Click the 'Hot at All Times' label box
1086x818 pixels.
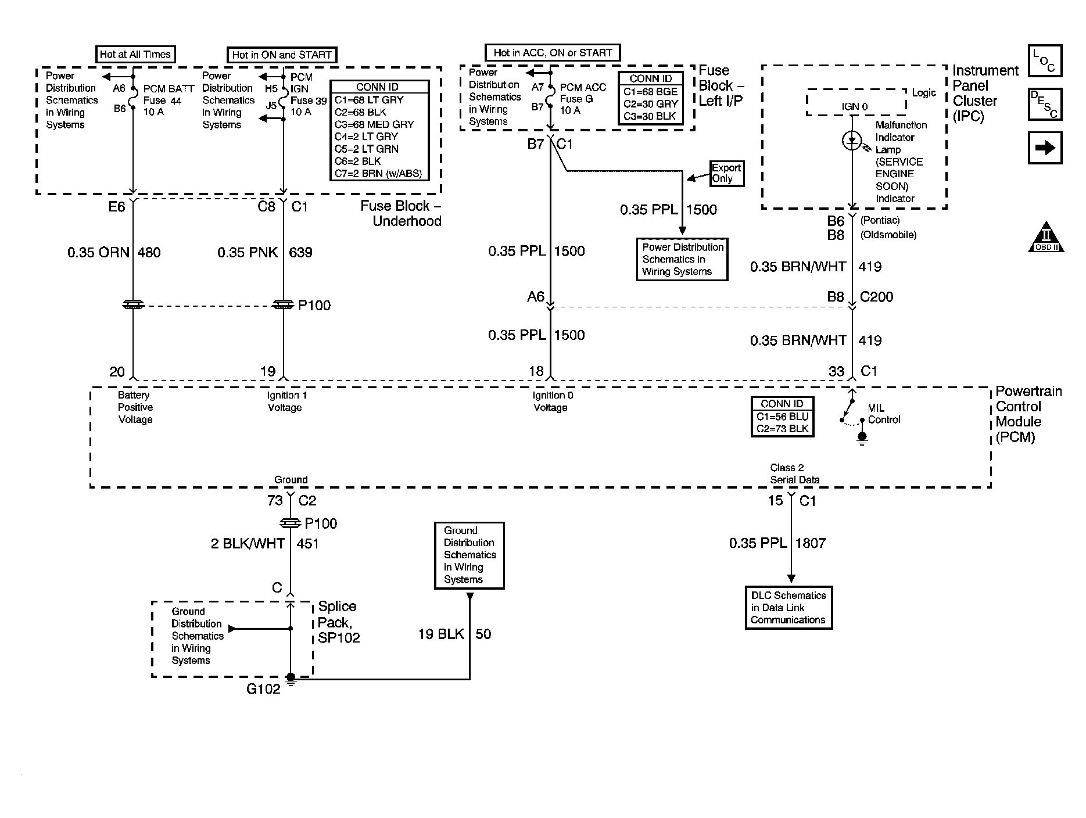click(x=135, y=55)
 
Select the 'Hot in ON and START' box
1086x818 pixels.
click(x=282, y=55)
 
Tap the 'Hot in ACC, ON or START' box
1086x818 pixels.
click(x=553, y=53)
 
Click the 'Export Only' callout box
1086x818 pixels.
click(x=726, y=173)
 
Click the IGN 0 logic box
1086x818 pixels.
click(x=855, y=103)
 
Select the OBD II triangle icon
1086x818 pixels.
click(x=1046, y=236)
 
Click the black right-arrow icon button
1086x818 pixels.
click(x=1045, y=148)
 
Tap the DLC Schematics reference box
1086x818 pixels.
click(x=788, y=608)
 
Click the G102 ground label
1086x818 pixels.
click(x=263, y=689)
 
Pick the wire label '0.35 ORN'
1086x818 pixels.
click(x=98, y=253)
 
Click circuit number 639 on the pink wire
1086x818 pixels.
click(x=300, y=253)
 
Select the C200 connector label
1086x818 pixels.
click(x=876, y=297)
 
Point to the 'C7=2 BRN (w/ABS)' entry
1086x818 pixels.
click(x=378, y=173)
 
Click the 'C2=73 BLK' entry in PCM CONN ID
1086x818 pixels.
click(x=783, y=429)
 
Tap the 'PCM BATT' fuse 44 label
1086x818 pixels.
click(x=169, y=89)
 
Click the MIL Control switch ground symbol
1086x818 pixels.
click(x=862, y=439)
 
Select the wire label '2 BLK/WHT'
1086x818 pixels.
click(x=248, y=544)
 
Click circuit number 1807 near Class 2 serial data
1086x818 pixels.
click(x=810, y=543)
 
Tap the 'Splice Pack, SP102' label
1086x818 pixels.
click(x=339, y=622)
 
